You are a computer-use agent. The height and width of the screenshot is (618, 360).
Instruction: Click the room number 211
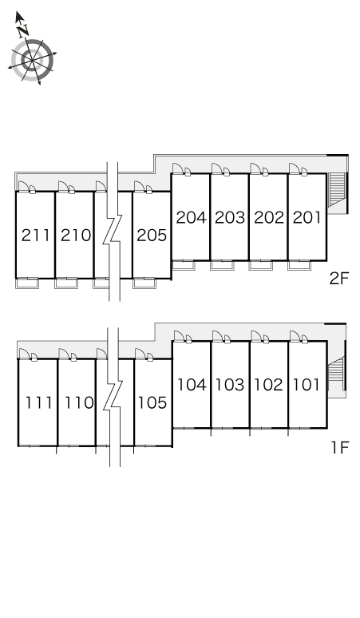coord(35,236)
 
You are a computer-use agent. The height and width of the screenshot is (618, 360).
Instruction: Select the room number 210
coord(76,236)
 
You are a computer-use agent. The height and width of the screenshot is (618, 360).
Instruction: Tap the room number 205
coord(152,236)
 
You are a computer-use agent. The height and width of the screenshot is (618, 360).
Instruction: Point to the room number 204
coord(191,217)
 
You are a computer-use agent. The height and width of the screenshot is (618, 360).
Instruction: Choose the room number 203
coord(230,217)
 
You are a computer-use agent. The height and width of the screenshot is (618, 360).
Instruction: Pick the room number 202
coord(269,217)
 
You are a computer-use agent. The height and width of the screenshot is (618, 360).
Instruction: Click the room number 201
coord(307,217)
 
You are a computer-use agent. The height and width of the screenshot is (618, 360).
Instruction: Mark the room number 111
coord(38,402)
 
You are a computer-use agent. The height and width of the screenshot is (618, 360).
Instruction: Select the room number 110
coord(79,402)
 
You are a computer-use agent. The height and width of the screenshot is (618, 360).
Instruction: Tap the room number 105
coord(152,402)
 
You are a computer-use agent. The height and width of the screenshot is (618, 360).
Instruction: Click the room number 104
coord(192,385)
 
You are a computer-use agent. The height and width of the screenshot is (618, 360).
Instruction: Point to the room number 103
coord(230,385)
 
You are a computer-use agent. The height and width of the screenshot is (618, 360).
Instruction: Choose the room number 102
coord(268,385)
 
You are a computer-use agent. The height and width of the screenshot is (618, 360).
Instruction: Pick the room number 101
coord(306,385)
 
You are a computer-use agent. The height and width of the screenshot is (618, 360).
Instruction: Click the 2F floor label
coord(339,279)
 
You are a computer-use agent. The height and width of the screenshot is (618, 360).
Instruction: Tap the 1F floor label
coord(340,447)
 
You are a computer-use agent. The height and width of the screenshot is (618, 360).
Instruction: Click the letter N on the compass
coord(23,30)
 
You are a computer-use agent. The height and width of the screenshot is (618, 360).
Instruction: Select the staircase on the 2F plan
coord(337,189)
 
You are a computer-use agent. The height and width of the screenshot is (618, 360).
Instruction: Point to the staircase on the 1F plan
coord(337,373)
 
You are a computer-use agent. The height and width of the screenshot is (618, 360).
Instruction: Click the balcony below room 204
coord(184,265)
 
